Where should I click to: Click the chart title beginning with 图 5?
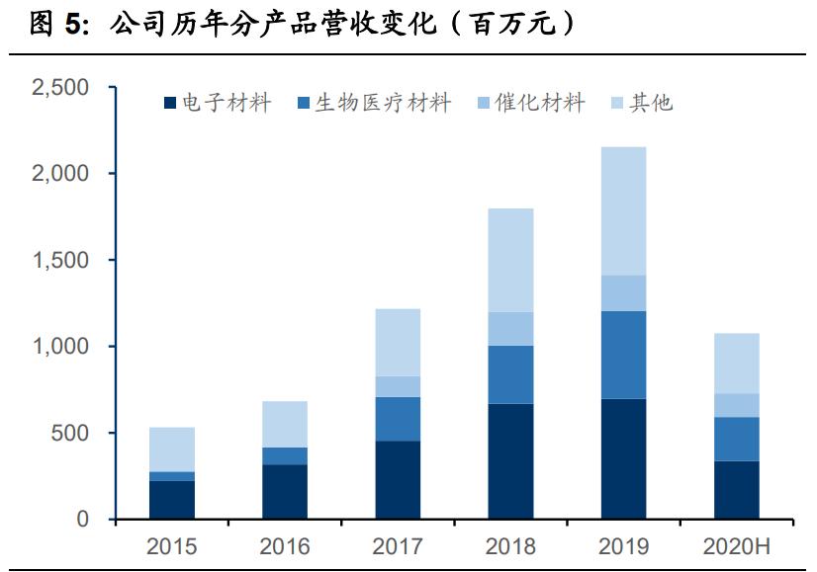[302, 25]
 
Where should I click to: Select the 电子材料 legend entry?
[217, 103]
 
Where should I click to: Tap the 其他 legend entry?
[642, 103]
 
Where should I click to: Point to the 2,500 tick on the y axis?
[60, 88]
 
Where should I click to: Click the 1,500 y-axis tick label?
[60, 261]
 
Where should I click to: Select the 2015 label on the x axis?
[172, 546]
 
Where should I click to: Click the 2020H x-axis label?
[737, 546]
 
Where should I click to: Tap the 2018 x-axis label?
[510, 546]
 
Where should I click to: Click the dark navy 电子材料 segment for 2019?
[623, 459]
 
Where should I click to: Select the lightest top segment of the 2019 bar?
[623, 211]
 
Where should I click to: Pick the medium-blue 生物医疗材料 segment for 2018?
[510, 374]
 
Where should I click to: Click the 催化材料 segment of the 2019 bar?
[623, 293]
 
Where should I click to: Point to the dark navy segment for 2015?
[172, 500]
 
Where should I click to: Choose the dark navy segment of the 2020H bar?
[737, 490]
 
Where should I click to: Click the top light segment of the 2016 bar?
[285, 424]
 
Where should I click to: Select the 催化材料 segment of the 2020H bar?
[737, 405]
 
